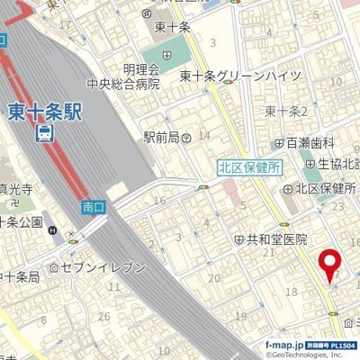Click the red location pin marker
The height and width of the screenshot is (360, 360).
point(330,264)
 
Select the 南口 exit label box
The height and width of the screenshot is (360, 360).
point(93,207)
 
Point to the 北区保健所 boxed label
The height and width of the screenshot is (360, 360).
point(250,166)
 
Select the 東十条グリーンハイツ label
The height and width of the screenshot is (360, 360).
point(239,76)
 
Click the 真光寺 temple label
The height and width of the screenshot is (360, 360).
point(15,189)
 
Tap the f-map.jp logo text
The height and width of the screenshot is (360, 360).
point(285,345)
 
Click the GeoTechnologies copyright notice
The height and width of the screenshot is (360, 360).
point(310,355)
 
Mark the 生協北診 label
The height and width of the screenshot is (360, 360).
point(337,164)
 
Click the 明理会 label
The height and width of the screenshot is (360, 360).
point(141,69)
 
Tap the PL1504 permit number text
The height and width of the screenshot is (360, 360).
point(341,345)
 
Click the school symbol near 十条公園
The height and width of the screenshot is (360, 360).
point(58,236)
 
